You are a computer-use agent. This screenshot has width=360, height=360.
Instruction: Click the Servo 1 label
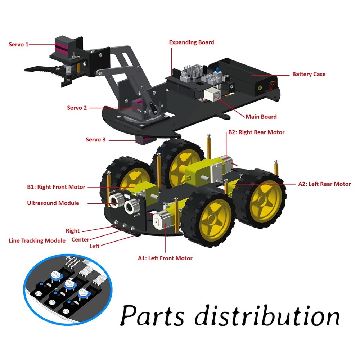tap(18, 45)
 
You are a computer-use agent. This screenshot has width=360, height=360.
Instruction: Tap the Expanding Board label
tap(192, 42)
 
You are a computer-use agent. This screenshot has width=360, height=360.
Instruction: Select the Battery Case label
tap(309, 74)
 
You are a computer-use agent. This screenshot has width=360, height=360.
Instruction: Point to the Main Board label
tap(261, 117)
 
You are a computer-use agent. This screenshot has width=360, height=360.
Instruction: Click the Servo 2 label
tap(77, 108)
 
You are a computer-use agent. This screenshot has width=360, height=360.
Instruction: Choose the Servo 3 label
tap(95, 139)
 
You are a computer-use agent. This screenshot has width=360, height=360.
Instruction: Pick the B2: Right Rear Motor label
tap(256, 132)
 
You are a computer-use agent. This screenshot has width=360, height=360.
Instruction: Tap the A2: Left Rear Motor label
tap(324, 184)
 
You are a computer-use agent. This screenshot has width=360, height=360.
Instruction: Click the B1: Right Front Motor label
tap(56, 187)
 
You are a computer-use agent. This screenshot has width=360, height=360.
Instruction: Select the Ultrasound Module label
tap(53, 203)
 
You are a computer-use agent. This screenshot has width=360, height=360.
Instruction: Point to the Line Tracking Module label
tap(37, 240)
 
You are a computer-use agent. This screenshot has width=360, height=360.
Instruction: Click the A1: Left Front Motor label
tap(165, 258)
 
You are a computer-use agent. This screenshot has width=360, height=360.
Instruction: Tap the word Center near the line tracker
tap(80, 239)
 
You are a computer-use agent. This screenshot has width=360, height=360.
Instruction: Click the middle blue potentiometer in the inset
tap(69, 285)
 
